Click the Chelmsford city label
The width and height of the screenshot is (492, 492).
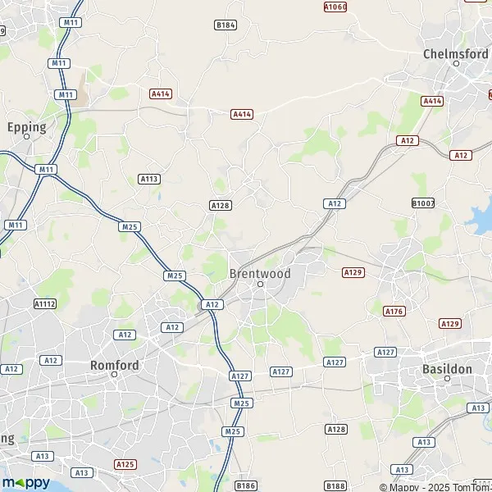[x=455, y=53]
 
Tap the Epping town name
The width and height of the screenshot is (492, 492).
[x=26, y=127]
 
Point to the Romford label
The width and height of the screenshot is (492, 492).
[x=114, y=364]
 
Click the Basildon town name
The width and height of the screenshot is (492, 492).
[x=447, y=369]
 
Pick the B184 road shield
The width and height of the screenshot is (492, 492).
[x=225, y=25]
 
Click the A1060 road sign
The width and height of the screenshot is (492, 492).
[x=335, y=7]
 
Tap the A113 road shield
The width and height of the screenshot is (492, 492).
[x=148, y=178]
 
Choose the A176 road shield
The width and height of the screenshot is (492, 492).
[x=395, y=311]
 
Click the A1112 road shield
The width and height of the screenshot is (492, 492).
[x=45, y=303]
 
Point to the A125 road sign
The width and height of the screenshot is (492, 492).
[x=125, y=464]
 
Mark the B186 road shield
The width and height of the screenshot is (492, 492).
[x=246, y=485]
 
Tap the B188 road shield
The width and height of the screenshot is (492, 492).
[x=335, y=485]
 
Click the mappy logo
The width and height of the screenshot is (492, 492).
[x=26, y=482]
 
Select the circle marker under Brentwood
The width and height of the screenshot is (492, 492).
[x=260, y=285]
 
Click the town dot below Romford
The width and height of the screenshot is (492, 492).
[x=115, y=375]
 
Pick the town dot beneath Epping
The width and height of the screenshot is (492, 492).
[x=26, y=137]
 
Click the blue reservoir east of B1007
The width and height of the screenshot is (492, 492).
[x=476, y=217]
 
